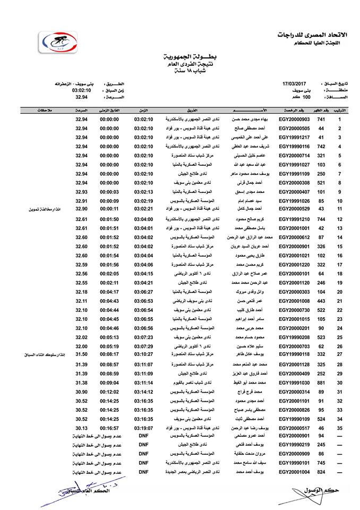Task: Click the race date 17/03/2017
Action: [296, 84]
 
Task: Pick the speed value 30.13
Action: [81, 428]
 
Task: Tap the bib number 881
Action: [321, 382]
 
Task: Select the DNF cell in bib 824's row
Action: [143, 472]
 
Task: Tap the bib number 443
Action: [321, 301]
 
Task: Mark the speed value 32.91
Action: [81, 201]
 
